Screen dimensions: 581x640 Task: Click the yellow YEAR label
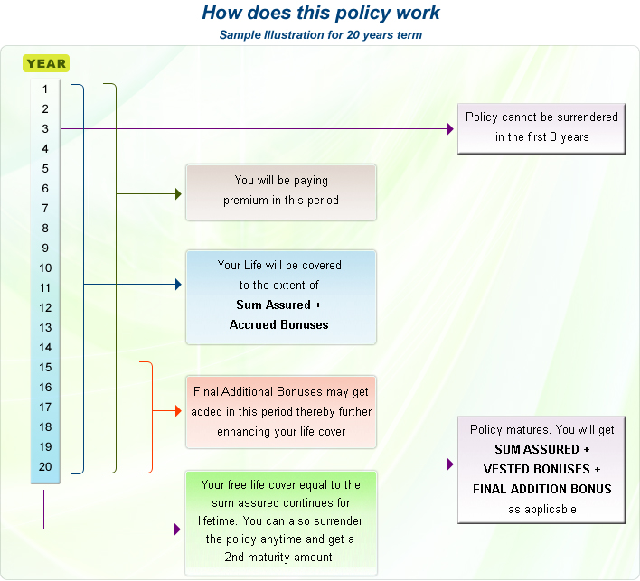coord(46,63)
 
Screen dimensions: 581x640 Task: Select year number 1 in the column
coord(45,89)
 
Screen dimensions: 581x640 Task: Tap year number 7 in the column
coord(45,209)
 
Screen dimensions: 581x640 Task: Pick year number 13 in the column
coord(45,328)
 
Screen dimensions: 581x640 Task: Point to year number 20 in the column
coord(45,467)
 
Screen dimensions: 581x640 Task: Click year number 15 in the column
coord(45,368)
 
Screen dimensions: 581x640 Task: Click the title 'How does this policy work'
coord(321,14)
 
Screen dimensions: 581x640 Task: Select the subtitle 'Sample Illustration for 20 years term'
coord(320,35)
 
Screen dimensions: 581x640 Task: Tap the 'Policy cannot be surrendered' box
coord(541,127)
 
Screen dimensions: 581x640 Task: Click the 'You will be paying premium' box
coord(281,192)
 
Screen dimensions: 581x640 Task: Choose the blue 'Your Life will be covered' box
coord(281,295)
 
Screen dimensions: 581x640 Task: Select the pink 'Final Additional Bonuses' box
coord(281,412)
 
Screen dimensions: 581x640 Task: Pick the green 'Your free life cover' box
coord(281,522)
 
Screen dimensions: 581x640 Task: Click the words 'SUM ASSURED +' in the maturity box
coord(541,449)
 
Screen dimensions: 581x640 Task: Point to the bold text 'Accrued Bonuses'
coord(279,324)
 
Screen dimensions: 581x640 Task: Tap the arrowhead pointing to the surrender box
coord(450,129)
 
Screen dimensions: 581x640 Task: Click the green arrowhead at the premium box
coord(178,193)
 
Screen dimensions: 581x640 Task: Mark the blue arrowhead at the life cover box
coord(178,285)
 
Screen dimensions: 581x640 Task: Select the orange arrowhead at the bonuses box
coord(178,411)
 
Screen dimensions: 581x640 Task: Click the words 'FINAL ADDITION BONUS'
coord(541,489)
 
